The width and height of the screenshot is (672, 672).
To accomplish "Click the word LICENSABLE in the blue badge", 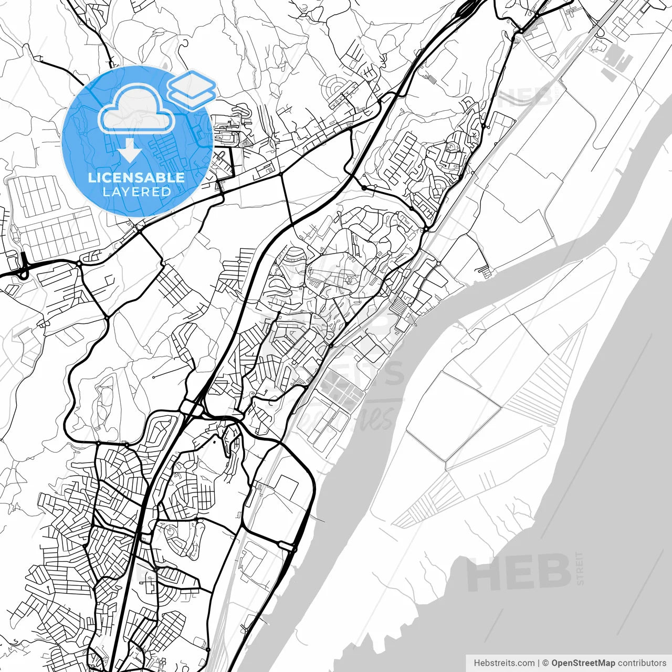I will coord(136,177).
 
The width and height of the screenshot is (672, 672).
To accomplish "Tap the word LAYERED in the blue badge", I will coord(136,192).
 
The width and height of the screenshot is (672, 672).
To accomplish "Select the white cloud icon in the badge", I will coord(136,109).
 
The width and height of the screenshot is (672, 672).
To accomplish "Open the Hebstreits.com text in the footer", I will coord(504,663).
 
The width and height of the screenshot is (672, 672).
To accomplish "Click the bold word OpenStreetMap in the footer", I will coord(583,663).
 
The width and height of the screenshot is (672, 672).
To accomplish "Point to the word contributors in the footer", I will coord(642,663).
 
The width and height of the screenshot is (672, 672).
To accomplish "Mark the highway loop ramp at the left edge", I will coord(22,268).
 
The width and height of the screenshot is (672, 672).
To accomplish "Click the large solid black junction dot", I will coord(364,187).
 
